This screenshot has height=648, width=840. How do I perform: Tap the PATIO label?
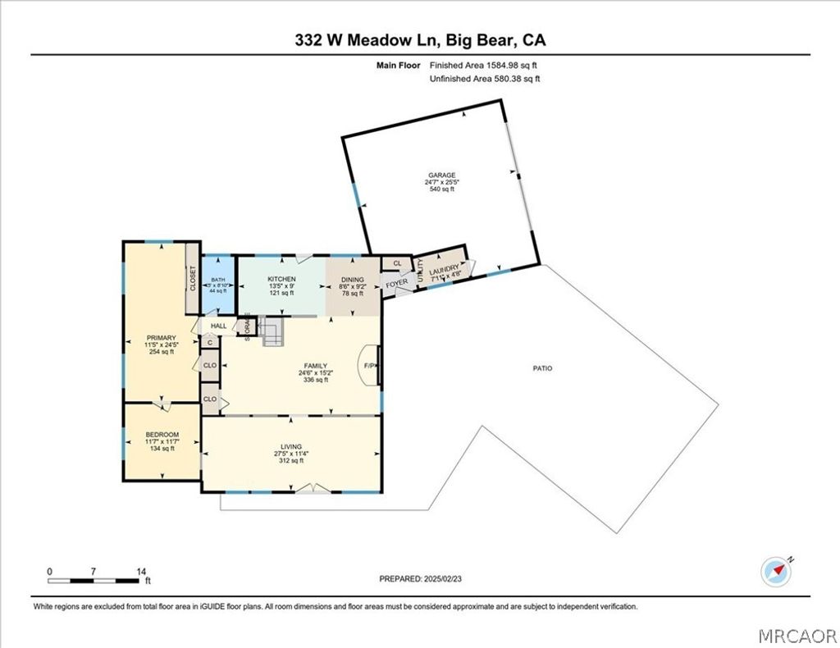click(542, 368)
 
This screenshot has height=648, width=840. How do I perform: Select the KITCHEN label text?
click(281, 280)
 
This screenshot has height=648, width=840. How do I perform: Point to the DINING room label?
click(354, 280)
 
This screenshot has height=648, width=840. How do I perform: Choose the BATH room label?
click(217, 280)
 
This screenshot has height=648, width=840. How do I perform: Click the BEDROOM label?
click(162, 435)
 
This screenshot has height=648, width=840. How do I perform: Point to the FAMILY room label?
click(316, 367)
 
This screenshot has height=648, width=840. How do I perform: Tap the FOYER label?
click(397, 283)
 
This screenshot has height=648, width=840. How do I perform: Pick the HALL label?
click(218, 326)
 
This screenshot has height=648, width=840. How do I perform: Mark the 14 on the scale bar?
click(141, 571)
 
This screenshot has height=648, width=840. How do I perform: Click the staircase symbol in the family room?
click(273, 332)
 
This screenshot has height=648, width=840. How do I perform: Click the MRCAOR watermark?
click(795, 636)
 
